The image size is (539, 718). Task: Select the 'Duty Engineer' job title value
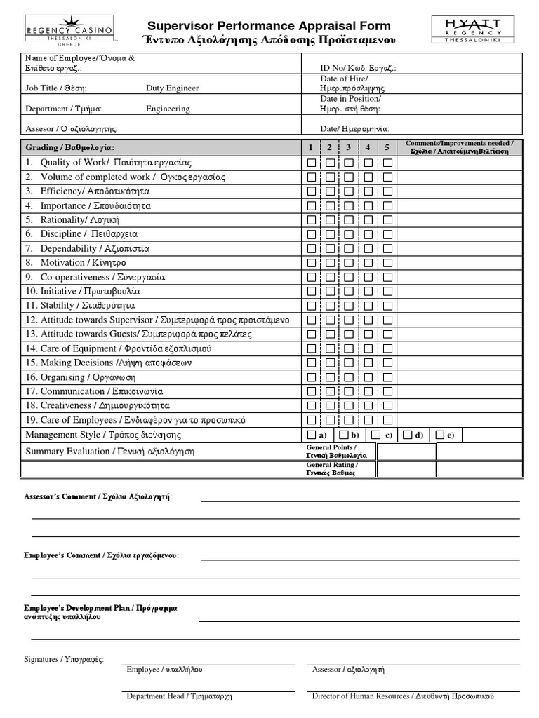click(x=172, y=88)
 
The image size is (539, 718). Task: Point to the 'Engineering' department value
click(x=168, y=109)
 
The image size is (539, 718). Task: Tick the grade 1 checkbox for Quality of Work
click(x=312, y=163)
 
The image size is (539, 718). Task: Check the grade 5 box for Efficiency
click(x=387, y=191)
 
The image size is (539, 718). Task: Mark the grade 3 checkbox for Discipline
click(x=349, y=234)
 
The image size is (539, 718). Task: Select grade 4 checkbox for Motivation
click(x=368, y=263)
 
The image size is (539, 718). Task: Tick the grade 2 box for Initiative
click(x=330, y=291)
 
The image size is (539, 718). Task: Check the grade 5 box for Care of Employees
click(x=387, y=420)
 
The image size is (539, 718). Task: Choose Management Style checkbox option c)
click(x=376, y=435)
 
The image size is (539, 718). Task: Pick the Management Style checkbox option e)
click(x=439, y=435)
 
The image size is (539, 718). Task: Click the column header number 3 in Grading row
click(x=348, y=147)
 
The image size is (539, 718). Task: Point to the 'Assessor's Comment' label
click(x=98, y=496)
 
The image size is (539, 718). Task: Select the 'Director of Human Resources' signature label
click(x=403, y=696)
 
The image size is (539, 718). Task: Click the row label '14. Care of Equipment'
click(x=118, y=348)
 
